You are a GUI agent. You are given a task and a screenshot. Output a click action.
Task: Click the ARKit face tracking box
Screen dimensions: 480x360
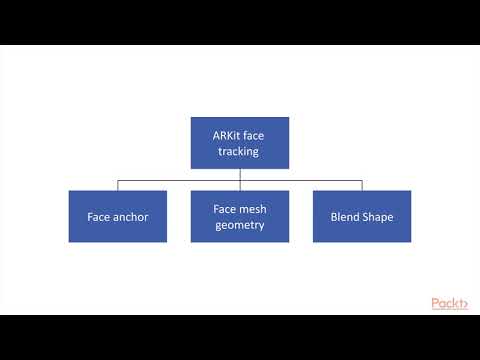[240, 143]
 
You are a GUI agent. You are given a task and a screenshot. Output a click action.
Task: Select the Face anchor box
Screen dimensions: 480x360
[117, 216]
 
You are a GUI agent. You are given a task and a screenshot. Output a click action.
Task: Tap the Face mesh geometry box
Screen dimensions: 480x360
[240, 216]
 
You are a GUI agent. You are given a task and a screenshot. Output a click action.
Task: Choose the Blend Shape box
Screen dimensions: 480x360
[362, 216]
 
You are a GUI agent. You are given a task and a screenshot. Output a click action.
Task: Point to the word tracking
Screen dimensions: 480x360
[240, 151]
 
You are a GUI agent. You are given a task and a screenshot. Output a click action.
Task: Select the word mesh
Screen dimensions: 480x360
[252, 208]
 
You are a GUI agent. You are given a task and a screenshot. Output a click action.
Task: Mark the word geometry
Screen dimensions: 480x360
[240, 225]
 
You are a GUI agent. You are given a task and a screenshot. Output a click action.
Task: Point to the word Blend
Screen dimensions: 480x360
[345, 216]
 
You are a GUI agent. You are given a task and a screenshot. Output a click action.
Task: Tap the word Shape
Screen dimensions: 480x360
[379, 216]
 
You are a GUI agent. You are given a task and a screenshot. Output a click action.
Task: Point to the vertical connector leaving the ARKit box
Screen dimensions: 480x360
[240, 174]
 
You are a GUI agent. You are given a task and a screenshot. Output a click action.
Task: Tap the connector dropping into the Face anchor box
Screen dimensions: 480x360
[117, 185]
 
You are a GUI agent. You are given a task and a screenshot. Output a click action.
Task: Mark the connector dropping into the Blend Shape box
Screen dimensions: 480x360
[362, 185]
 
